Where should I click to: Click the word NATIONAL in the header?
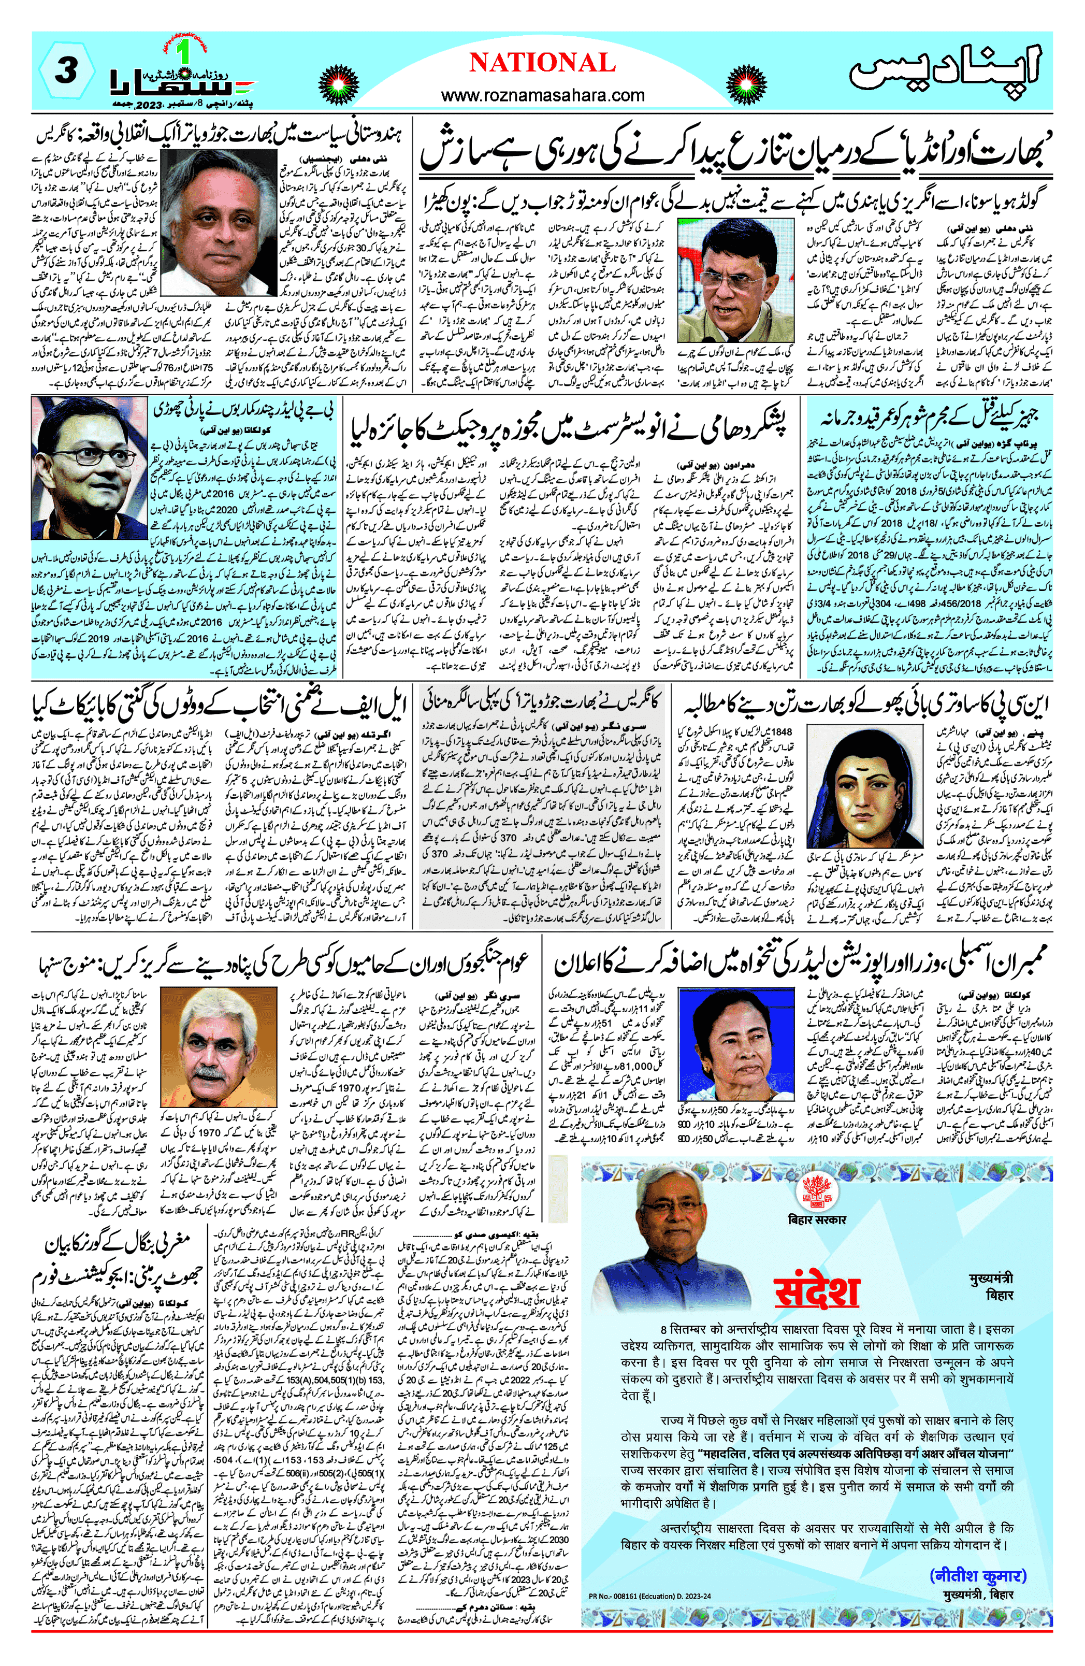point(542,63)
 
